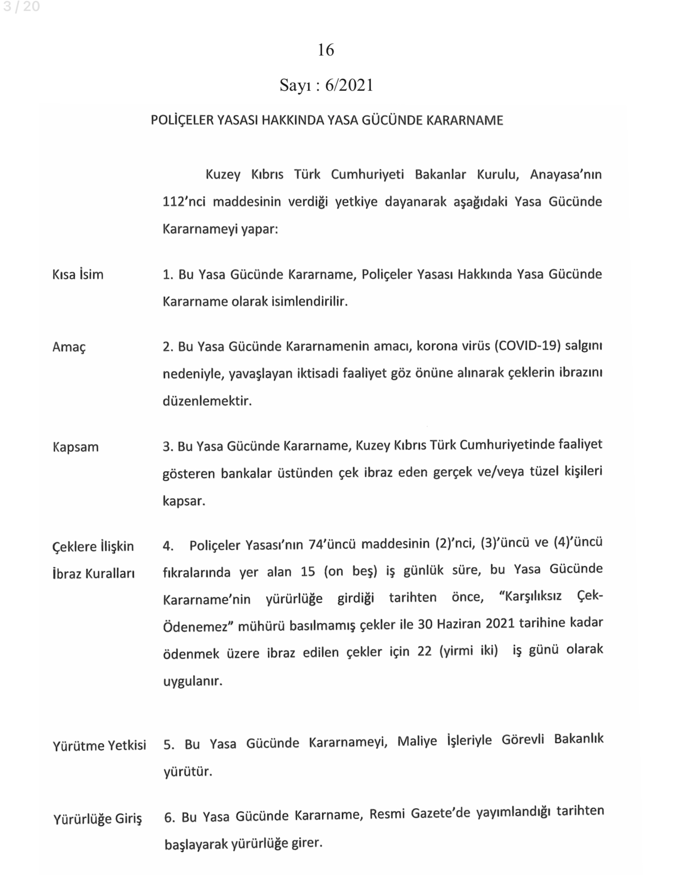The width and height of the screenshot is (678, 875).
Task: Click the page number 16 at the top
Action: tap(326, 50)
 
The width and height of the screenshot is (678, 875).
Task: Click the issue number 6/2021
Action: tap(349, 85)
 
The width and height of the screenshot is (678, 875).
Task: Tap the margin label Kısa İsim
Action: tap(78, 275)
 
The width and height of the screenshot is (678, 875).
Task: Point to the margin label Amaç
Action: tap(69, 347)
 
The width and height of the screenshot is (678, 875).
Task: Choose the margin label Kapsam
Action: tap(76, 447)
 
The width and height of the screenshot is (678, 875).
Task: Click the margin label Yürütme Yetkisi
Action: tap(99, 746)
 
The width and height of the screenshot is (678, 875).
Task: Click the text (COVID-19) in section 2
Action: tap(527, 346)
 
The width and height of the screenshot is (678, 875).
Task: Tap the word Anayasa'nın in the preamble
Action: tap(566, 175)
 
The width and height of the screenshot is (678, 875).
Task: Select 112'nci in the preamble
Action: tap(182, 202)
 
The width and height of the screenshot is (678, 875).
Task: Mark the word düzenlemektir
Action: tap(207, 401)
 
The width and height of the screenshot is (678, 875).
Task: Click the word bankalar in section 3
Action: tap(246, 474)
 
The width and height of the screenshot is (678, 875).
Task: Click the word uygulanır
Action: tap(193, 681)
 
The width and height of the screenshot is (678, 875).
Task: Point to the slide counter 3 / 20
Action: tap(21, 7)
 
